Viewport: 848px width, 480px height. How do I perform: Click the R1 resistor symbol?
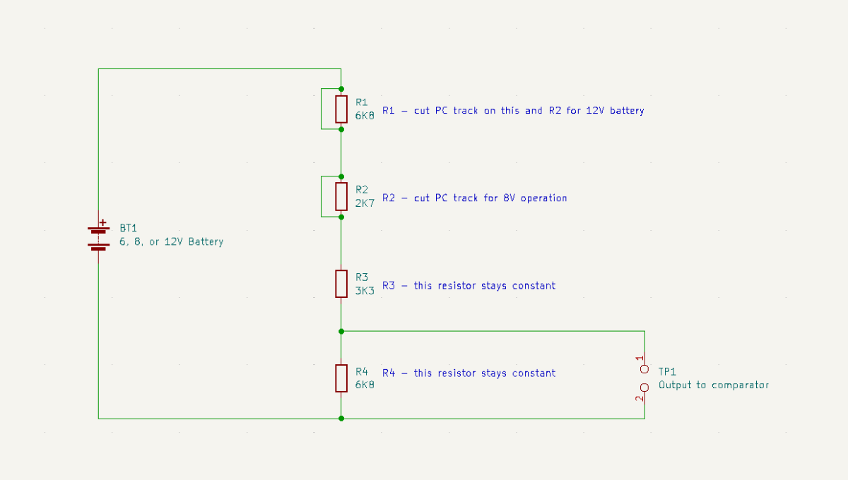(x=341, y=109)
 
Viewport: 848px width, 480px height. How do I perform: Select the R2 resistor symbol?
(x=341, y=196)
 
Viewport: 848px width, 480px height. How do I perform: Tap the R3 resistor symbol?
(x=341, y=283)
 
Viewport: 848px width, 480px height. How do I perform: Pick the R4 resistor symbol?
(x=341, y=378)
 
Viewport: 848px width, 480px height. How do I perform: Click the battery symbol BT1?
(x=98, y=238)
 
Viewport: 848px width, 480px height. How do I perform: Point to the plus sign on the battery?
(x=103, y=222)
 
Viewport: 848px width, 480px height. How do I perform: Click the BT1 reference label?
(x=128, y=228)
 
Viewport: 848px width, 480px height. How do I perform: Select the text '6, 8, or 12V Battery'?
(x=171, y=241)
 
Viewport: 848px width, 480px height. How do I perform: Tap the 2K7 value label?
(x=365, y=203)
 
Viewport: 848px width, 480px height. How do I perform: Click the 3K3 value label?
(x=365, y=291)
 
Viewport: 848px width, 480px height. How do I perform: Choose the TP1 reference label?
(x=668, y=371)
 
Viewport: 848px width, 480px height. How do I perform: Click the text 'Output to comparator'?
(x=713, y=385)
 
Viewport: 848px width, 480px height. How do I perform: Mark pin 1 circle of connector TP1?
(x=644, y=369)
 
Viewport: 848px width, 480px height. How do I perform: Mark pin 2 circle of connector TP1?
(x=644, y=388)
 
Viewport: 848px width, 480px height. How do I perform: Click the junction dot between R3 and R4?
(x=341, y=331)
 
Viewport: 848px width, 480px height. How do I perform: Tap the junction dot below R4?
(x=341, y=419)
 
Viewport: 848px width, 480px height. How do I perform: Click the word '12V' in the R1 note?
(x=595, y=111)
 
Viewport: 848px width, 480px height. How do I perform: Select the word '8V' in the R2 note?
(x=510, y=198)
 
